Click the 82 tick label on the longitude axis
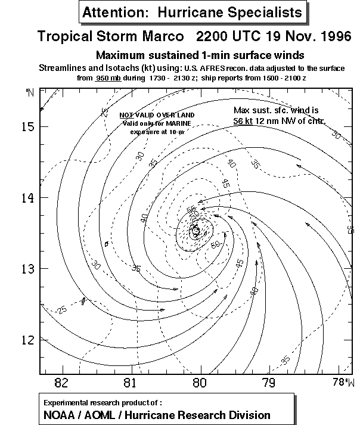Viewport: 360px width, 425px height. point(60,383)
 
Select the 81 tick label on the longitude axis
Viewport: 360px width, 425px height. point(130,383)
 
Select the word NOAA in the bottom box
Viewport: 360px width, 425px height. point(60,415)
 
